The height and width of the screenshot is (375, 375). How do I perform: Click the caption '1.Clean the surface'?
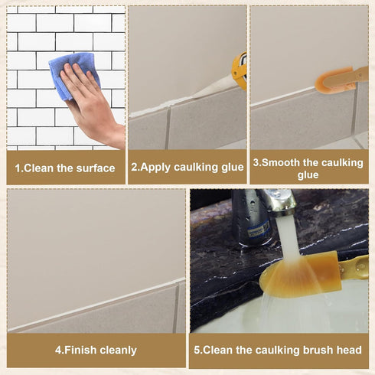pos(65,168)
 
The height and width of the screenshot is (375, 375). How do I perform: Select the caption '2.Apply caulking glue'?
pos(187,168)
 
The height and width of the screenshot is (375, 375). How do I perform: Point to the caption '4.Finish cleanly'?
pos(96,351)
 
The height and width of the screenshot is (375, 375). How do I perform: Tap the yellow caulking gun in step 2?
pos(240,70)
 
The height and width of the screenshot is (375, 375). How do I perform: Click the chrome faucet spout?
pos(272,205)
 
